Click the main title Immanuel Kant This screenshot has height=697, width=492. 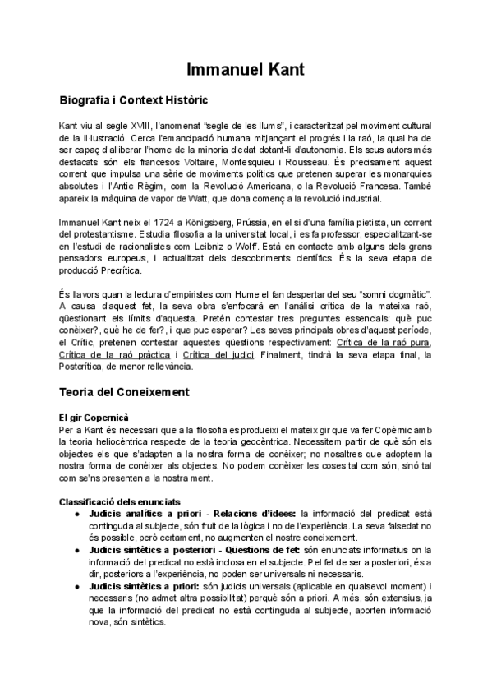(246, 70)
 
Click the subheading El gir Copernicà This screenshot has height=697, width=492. (94, 417)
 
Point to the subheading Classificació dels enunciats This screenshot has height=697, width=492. (120, 501)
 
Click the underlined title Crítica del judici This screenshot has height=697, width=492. (214, 354)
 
